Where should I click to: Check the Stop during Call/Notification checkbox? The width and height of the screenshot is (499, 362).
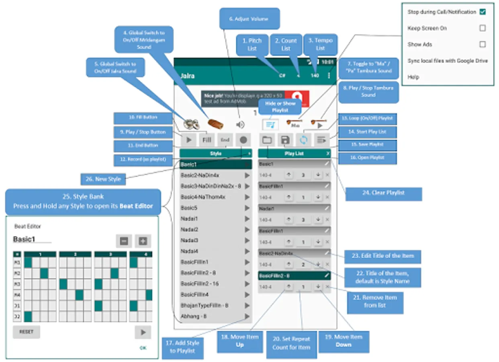(x=483, y=12)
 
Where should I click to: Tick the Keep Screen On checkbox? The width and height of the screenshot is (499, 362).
(x=483, y=28)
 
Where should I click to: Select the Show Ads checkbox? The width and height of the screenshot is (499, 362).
(x=483, y=44)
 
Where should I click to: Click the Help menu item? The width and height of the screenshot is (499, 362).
(x=413, y=77)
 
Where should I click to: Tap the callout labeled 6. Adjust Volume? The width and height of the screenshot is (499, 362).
(x=249, y=19)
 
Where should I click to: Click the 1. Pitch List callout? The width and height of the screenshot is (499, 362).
(x=252, y=44)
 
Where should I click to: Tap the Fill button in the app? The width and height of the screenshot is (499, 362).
(x=207, y=140)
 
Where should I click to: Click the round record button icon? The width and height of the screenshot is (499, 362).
(x=243, y=140)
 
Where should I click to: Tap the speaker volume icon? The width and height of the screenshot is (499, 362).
(x=240, y=125)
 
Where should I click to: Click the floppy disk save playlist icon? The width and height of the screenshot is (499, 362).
(x=285, y=140)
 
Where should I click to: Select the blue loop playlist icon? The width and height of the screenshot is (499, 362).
(x=304, y=140)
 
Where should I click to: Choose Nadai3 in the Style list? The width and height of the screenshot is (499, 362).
(x=189, y=241)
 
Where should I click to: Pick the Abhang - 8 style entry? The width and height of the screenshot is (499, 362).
(x=194, y=317)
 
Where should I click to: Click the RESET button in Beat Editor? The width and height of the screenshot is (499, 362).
(x=27, y=332)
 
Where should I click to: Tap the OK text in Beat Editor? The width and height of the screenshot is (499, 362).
(x=143, y=348)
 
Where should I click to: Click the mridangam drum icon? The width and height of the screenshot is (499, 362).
(x=215, y=124)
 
